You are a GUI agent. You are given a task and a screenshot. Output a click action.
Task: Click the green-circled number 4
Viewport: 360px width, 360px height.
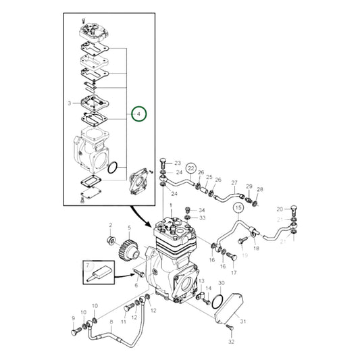[x=138, y=115]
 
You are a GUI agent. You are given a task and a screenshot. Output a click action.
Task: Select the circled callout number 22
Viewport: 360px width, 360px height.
[x=191, y=168]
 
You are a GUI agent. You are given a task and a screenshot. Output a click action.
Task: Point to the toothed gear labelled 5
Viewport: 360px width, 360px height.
[x=125, y=254]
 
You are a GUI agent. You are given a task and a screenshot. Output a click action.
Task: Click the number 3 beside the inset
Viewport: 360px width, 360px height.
[x=70, y=103]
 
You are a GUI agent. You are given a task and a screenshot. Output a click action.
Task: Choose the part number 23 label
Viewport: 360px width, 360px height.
[x=178, y=163]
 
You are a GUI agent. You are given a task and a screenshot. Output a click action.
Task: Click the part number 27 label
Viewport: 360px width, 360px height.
[x=234, y=183]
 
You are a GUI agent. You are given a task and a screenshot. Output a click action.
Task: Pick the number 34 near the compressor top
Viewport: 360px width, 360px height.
[x=201, y=210]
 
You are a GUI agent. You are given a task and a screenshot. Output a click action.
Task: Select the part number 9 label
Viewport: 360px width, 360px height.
[x=74, y=318]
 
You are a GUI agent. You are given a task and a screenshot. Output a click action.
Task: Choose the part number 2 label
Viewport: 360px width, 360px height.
[x=110, y=224]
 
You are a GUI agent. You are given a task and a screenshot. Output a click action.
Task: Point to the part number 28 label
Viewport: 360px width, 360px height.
[x=261, y=189]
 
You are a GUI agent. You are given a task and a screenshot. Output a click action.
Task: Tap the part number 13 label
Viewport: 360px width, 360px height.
[x=201, y=280]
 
